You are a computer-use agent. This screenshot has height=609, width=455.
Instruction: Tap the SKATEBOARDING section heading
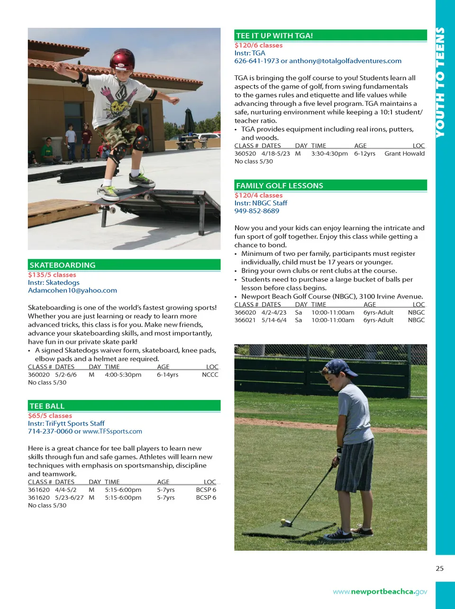click(x=63, y=265)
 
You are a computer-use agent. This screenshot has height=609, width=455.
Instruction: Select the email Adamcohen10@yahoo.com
click(x=73, y=291)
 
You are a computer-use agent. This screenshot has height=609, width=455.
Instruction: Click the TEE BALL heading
click(x=47, y=406)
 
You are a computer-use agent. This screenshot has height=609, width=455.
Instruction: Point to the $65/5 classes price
click(x=50, y=416)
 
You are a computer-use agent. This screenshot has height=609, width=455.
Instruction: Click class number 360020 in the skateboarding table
click(x=39, y=375)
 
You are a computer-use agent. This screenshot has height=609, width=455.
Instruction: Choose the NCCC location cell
click(x=210, y=375)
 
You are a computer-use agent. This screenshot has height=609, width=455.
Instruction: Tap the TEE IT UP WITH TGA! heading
click(x=274, y=36)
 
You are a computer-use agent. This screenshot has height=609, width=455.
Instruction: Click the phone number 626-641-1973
click(x=256, y=61)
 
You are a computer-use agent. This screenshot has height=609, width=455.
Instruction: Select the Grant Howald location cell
click(x=404, y=154)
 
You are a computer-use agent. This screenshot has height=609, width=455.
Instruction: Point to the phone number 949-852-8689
click(x=256, y=211)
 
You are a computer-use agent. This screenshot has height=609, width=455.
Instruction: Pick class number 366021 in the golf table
click(x=245, y=320)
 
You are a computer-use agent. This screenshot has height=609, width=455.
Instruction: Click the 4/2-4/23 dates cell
click(x=274, y=313)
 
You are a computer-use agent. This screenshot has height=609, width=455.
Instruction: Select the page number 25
click(x=439, y=569)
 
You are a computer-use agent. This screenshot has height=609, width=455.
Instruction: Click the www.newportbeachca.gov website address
click(x=380, y=591)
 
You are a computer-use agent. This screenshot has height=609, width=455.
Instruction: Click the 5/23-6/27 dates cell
click(x=69, y=498)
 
